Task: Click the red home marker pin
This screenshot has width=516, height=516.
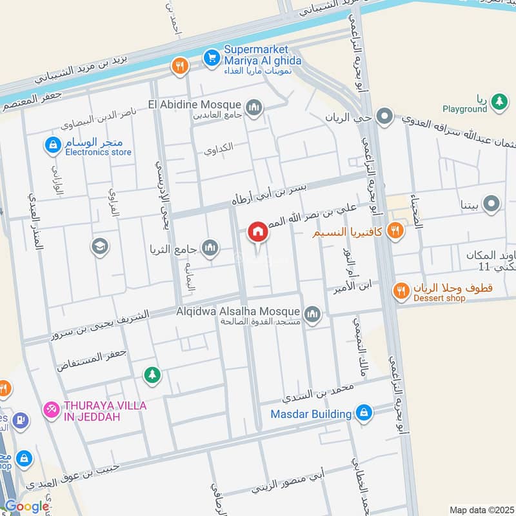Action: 258,232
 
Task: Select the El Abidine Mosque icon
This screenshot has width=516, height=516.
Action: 254,106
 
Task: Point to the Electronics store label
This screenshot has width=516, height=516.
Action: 98,153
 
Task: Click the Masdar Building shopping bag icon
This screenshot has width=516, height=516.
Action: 364,413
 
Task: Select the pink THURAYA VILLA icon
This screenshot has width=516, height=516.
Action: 51,409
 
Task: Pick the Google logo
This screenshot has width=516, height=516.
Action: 26,507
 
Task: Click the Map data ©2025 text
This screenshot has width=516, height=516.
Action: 481,510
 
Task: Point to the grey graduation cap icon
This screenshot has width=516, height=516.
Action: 100,246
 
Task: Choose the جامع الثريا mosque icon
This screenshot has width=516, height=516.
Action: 210,247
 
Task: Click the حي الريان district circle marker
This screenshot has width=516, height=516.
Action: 385,117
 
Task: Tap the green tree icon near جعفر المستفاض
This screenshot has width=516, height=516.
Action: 152,374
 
